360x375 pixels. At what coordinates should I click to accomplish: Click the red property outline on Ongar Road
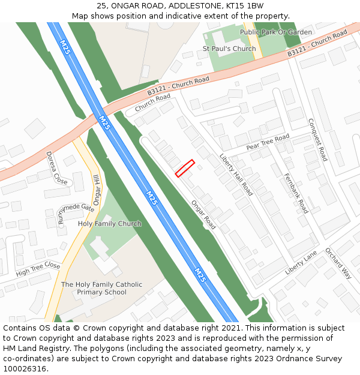tap(185, 168)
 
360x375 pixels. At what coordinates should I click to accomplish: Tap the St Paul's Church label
tap(229, 49)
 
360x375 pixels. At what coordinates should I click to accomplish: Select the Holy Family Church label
tap(110, 224)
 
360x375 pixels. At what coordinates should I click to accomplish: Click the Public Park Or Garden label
tap(276, 32)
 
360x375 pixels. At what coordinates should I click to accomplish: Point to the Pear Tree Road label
tap(268, 142)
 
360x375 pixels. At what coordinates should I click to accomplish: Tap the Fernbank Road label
tap(295, 193)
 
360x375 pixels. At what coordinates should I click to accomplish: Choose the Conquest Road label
tap(317, 139)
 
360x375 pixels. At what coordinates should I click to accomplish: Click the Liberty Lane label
tap(301, 263)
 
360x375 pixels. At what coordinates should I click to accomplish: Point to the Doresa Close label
tap(57, 167)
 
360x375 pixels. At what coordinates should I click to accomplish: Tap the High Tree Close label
tap(38, 269)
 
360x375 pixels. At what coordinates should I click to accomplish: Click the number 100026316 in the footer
tap(25, 368)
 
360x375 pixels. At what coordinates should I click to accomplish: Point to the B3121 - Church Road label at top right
tap(317, 44)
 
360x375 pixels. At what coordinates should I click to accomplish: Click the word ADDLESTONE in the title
tap(192, 6)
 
